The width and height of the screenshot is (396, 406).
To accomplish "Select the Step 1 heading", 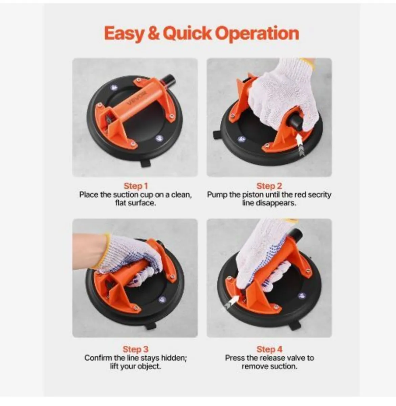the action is coord(136,186).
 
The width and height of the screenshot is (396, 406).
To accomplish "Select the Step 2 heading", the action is coord(269,186).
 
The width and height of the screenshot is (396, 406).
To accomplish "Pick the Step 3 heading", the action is coord(135,349).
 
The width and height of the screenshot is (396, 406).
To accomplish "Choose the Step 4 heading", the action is coord(269,349).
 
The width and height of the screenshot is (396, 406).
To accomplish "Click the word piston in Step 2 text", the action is coord(252,195).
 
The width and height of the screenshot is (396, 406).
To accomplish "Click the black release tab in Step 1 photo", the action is coord(146,162).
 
